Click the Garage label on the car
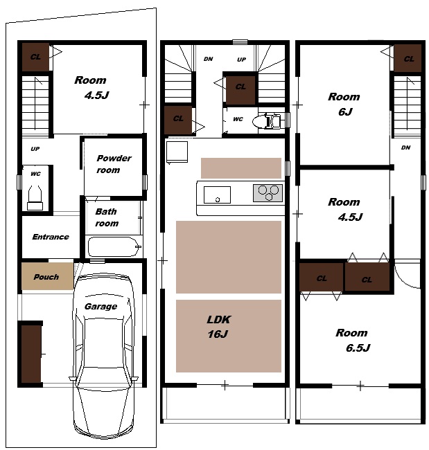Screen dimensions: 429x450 coord(100,306)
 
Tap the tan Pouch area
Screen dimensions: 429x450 coord(47,276)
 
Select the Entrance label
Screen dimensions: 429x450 coord(51,237)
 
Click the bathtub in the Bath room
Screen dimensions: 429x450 coord(114,247)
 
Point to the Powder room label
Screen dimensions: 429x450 coord(114,164)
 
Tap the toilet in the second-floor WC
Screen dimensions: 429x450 coord(267,121)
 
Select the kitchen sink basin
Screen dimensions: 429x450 coord(217,195)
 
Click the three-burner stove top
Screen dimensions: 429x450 coord(268,193)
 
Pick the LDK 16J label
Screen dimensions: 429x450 coord(218,327)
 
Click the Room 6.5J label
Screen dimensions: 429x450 coord(353,340)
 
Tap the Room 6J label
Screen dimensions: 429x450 coord(344,104)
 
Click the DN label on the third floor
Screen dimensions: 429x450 coord(405,147)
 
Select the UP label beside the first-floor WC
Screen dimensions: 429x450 coord(35,149)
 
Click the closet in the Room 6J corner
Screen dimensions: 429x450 coord(408,58)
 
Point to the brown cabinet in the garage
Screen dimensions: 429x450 coord(31,353)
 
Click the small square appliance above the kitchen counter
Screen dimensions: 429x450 coord(177,152)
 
